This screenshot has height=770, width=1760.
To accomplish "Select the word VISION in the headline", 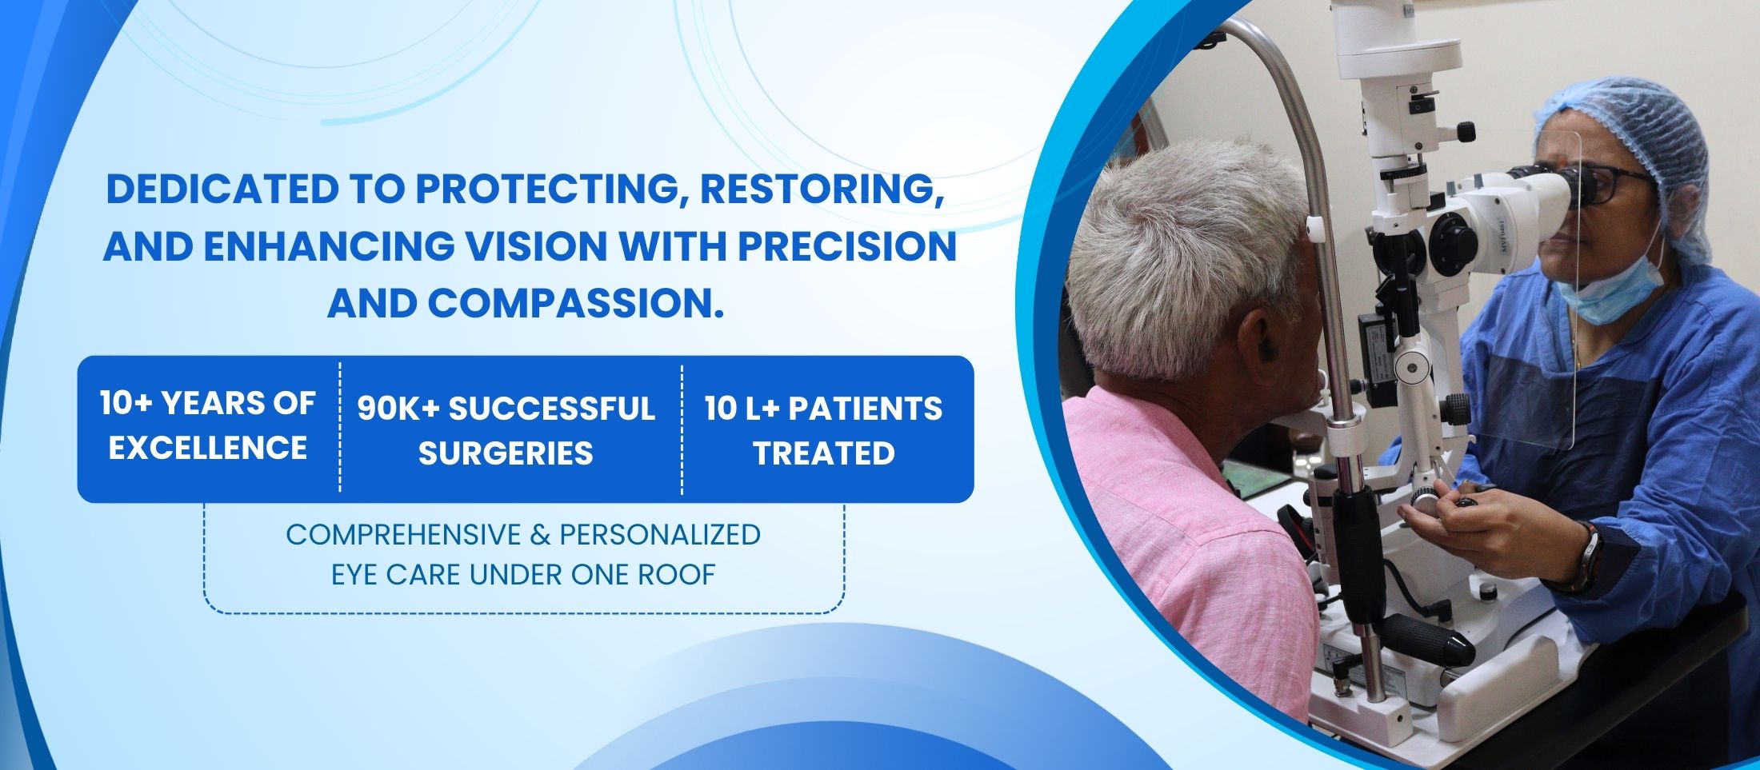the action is (x=542, y=245).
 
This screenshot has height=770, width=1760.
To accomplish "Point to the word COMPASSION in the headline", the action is (x=570, y=303).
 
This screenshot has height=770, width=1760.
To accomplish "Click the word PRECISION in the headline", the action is (x=847, y=245).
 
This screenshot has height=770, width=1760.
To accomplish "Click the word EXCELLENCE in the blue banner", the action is (x=208, y=448).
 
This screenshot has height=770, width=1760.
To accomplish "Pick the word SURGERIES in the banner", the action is (x=506, y=453).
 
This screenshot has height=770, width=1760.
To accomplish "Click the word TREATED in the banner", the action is (x=824, y=453).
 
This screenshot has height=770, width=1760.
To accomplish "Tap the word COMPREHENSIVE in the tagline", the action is (x=402, y=534).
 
